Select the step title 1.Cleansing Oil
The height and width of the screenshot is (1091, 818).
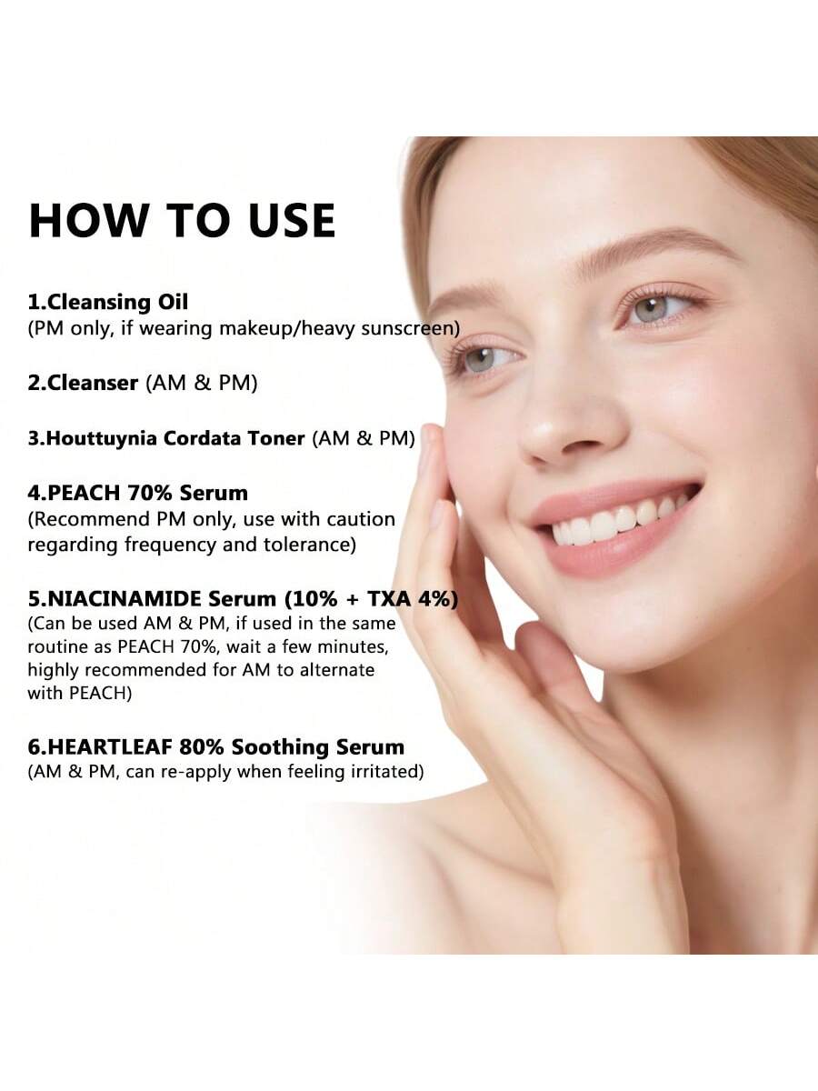click(108, 302)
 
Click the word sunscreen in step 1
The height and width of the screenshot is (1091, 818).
click(407, 328)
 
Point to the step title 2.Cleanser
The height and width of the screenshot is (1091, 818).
click(83, 383)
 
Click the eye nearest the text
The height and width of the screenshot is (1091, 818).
click(484, 359)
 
